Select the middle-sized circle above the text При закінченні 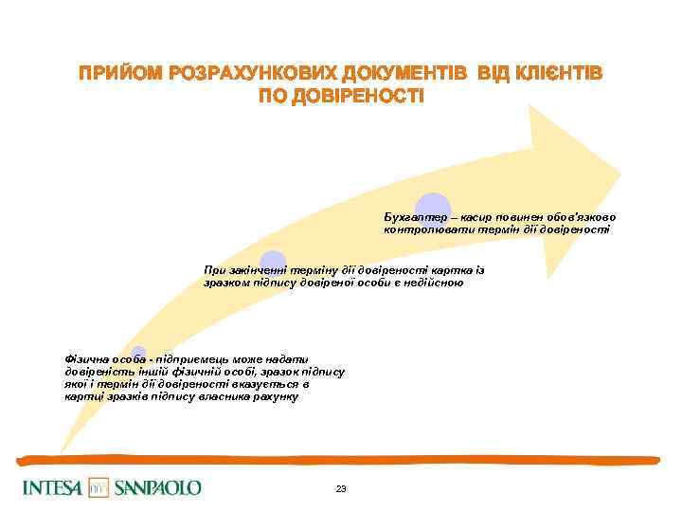click(x=273, y=263)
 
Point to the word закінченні click(x=254, y=270)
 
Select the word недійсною click(x=435, y=282)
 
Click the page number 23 click(x=341, y=488)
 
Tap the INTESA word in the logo click(x=53, y=487)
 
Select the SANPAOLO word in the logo click(x=157, y=487)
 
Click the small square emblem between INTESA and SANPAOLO click(x=99, y=487)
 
